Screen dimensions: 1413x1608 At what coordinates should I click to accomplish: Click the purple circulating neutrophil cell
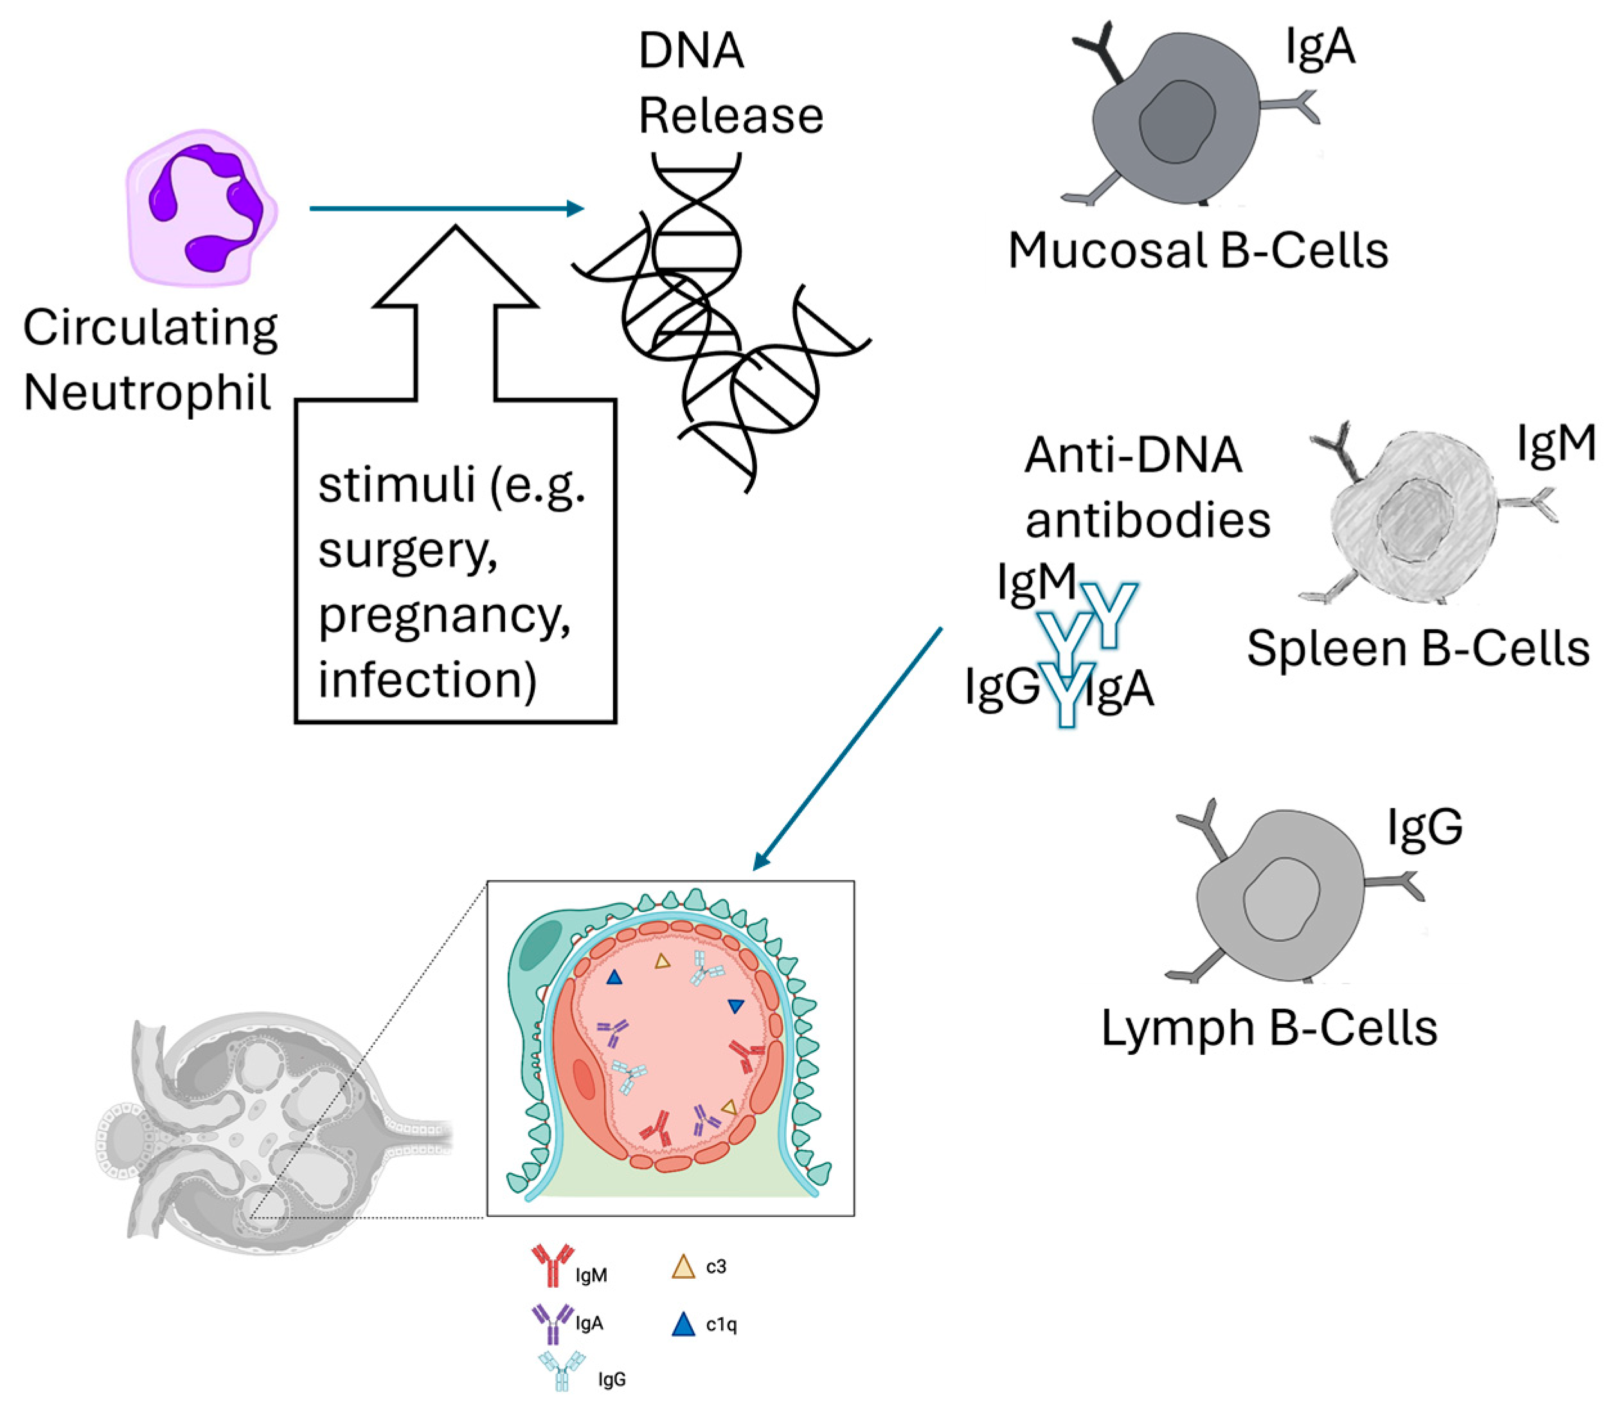pos(201,207)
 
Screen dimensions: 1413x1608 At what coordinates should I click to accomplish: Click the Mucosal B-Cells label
pos(1197,251)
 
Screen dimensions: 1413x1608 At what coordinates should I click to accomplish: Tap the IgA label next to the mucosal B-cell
pos(1320,47)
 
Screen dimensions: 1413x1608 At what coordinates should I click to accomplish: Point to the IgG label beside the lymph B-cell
pos(1424,827)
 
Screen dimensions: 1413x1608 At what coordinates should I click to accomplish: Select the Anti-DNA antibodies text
pos(1146,488)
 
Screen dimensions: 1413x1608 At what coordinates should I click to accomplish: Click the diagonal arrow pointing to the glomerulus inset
pos(848,748)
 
